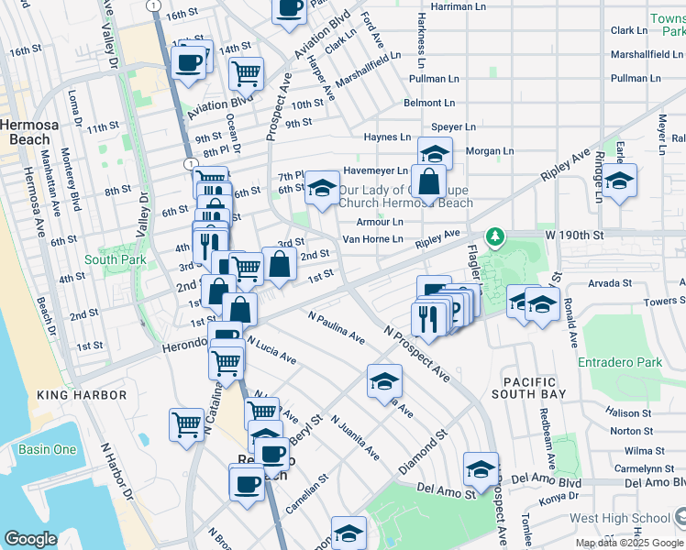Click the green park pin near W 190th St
coord(495,238)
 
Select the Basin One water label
coord(48,449)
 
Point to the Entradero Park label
coord(620,363)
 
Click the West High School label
coord(619,518)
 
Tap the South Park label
coord(115,259)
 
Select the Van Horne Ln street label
coord(372,239)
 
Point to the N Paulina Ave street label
coord(337,328)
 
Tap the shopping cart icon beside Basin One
coord(186,424)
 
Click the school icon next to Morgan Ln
coord(436,152)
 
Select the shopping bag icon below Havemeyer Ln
coord(428,181)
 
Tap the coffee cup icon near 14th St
coord(190,63)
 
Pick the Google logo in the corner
coord(30,539)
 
